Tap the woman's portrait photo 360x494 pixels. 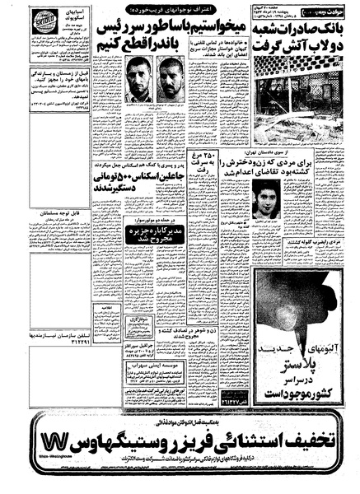pos(271,197)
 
